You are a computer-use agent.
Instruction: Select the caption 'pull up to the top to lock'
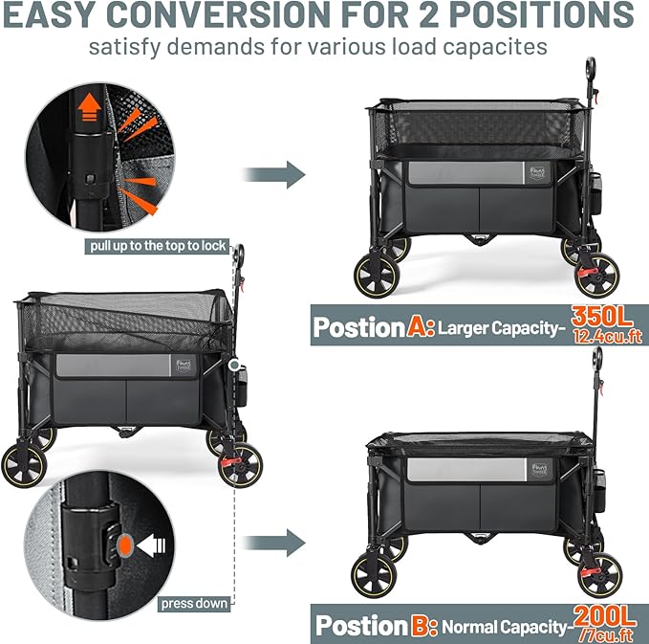pos(159,246)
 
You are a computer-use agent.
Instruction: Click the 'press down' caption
pos(194,603)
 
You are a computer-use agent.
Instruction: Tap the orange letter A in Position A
pos(420,327)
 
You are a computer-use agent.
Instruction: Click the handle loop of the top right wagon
pos(594,68)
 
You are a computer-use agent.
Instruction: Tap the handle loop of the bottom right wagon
pos(597,362)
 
